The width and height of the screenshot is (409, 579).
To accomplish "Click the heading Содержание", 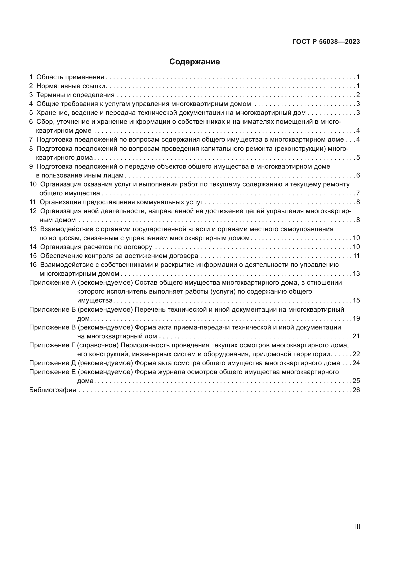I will point(194,62).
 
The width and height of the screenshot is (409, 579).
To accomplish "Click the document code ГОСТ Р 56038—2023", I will point(326,42).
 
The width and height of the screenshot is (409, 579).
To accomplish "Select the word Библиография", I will point(52,390).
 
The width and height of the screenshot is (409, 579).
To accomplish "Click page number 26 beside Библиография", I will point(356,390).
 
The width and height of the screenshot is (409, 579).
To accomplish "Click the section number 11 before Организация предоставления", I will point(32,202).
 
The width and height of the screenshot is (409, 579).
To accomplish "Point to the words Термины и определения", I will point(75,95).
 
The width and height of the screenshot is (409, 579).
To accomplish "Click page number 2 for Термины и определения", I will point(358,95).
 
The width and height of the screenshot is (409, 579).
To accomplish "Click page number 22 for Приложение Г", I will point(356,354).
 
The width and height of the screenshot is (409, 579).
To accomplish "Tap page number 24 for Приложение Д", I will point(356,363).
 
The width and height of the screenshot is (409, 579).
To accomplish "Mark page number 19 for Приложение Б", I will point(356,319).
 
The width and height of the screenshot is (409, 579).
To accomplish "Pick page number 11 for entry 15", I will point(356,256).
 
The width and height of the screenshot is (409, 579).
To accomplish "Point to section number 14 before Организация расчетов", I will point(33,247).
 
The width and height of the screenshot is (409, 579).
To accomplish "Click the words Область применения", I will point(70,77).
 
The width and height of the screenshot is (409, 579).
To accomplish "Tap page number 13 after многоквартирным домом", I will point(356,274).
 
